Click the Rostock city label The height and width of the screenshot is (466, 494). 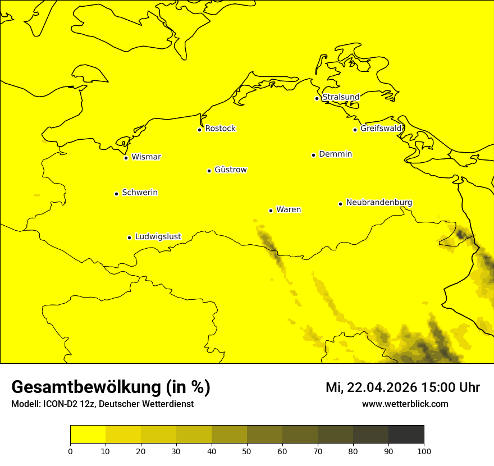click(x=221, y=129)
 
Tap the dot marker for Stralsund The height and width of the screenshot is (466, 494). click(x=317, y=98)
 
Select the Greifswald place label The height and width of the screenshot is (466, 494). click(x=381, y=129)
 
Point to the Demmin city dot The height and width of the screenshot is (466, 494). click(x=313, y=155)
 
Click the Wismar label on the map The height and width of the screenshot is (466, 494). click(x=146, y=157)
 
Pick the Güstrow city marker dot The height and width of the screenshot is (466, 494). click(x=209, y=171)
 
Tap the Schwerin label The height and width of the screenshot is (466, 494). click(x=140, y=193)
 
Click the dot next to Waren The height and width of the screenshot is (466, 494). click(x=271, y=211)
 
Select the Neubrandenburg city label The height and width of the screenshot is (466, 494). click(x=379, y=203)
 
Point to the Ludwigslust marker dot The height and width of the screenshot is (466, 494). click(x=129, y=237)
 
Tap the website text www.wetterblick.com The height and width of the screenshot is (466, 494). click(x=405, y=404)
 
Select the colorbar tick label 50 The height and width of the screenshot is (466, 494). click(x=247, y=451)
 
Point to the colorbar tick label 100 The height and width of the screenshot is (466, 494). click(x=424, y=451)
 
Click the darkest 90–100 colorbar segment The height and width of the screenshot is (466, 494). click(x=406, y=435)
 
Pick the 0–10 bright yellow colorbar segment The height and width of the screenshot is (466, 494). click(x=88, y=435)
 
